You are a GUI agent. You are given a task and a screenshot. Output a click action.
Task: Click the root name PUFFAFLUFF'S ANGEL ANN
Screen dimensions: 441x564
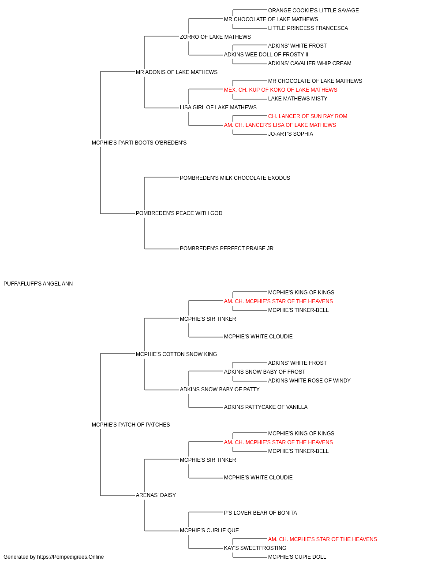[x=38, y=284]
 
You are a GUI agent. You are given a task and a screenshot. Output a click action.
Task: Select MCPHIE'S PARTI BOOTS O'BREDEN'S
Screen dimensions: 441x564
[x=139, y=143]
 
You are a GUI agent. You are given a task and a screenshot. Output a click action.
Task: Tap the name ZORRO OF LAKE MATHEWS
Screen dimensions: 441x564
[x=215, y=37]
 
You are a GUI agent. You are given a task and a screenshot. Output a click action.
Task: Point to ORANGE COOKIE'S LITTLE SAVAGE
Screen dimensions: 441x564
[x=314, y=11]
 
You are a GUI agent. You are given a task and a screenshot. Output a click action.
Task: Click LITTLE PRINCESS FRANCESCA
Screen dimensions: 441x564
[x=308, y=28]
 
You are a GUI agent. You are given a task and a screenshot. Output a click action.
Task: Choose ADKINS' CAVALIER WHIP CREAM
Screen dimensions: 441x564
[x=310, y=63]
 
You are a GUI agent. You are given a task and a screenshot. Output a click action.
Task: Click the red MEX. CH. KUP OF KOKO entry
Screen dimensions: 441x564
[x=280, y=90]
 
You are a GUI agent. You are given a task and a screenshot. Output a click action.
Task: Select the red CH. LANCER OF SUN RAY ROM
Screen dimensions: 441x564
[x=307, y=116]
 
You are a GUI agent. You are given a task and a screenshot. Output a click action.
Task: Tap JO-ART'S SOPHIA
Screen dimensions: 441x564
[x=291, y=134]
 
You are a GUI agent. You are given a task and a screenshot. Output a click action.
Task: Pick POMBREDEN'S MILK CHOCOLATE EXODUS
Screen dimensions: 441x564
[x=235, y=178]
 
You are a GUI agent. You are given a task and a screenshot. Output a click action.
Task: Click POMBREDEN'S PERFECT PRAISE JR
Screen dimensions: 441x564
[x=227, y=249]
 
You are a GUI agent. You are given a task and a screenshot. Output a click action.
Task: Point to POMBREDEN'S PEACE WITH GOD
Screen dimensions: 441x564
[x=179, y=213]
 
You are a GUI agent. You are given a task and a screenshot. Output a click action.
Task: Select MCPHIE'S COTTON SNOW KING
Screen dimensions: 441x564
[x=176, y=354]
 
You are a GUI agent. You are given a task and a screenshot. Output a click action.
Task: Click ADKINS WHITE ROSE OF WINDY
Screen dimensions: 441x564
[x=309, y=381]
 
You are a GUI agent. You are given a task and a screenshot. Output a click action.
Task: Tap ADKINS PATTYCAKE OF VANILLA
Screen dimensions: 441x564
[x=265, y=407]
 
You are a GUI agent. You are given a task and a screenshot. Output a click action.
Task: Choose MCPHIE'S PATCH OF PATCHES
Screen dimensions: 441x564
[x=131, y=425]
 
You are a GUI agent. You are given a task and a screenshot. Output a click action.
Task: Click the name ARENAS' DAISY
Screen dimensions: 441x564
[x=156, y=495]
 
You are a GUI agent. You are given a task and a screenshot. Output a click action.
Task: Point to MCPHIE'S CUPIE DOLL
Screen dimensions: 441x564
[x=297, y=557]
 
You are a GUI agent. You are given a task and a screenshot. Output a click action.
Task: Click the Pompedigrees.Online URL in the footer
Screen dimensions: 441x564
[x=71, y=557]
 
